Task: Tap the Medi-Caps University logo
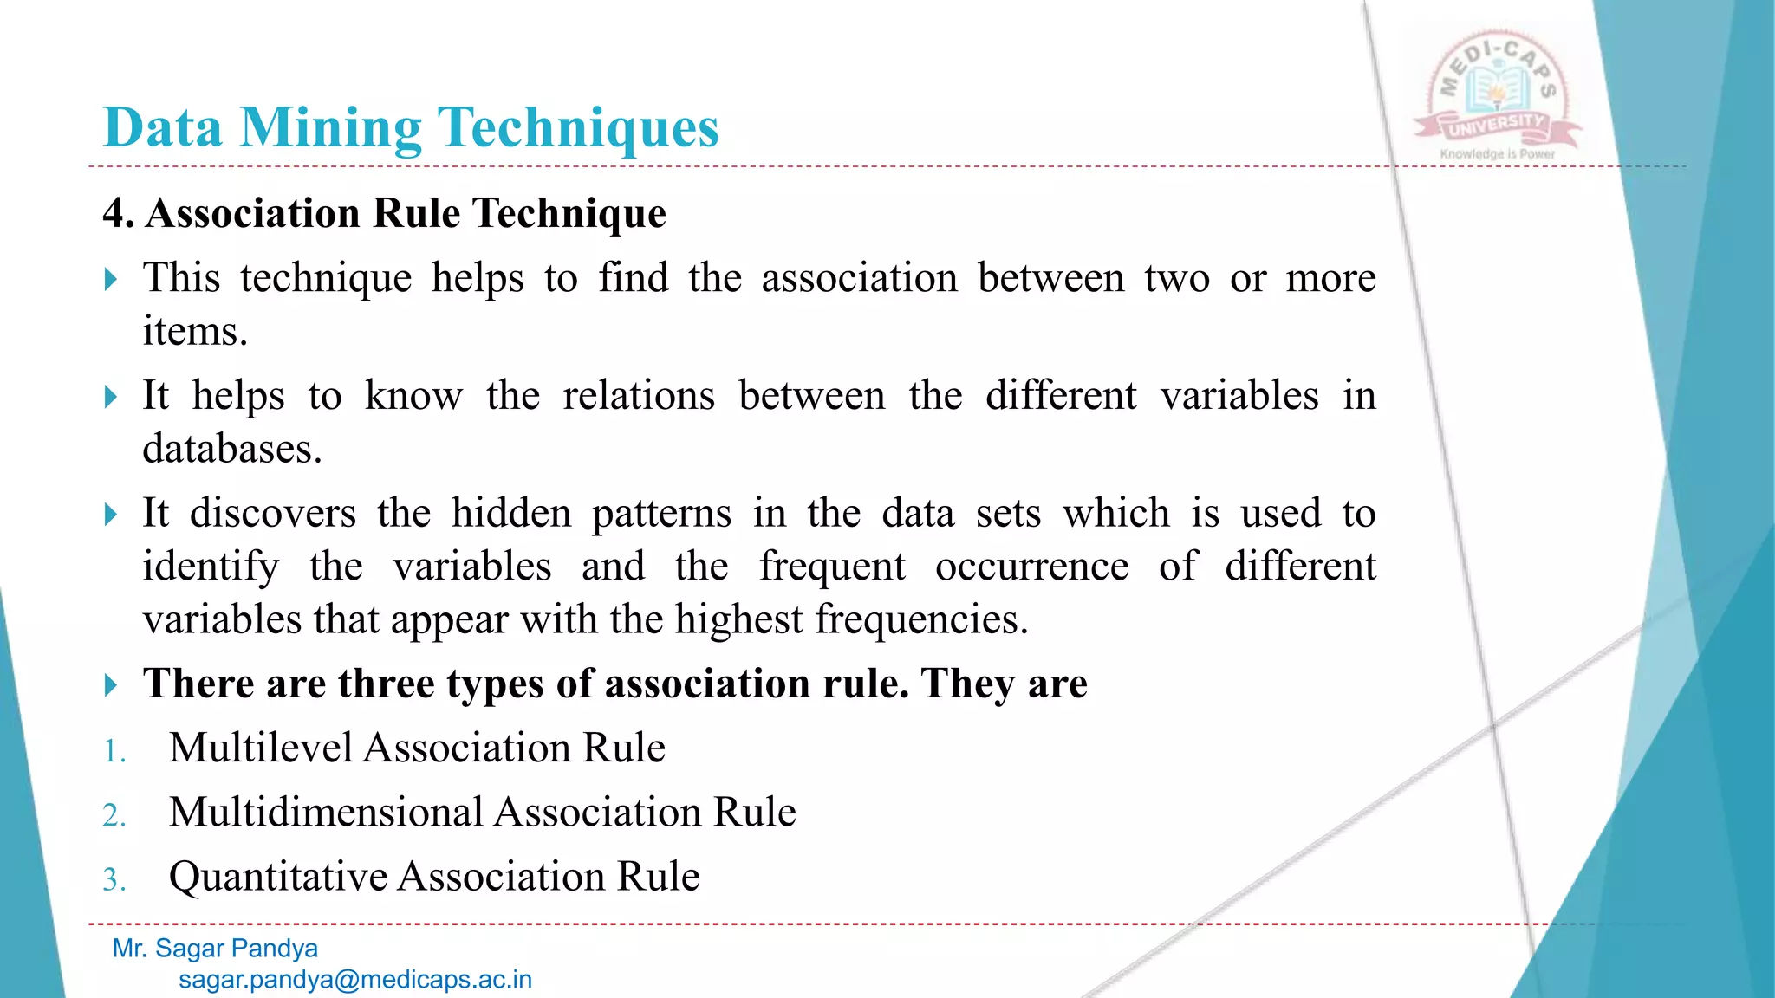tap(1497, 95)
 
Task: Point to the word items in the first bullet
tap(194, 331)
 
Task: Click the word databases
tap(231, 449)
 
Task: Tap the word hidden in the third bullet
tap(511, 513)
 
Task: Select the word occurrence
tap(1031, 567)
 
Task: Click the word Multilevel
tap(260, 748)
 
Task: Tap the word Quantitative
tap(277, 877)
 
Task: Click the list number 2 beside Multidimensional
tap(113, 815)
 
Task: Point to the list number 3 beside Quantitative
tap(113, 879)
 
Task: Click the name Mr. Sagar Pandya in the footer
tap(215, 949)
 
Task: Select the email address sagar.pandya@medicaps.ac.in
tap(355, 980)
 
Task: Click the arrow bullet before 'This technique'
tap(110, 280)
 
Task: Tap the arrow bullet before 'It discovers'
tap(110, 515)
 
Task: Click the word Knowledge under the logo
tap(1472, 154)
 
